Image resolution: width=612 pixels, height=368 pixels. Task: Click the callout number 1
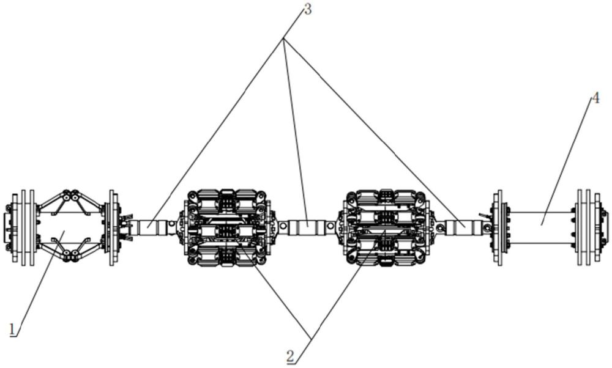click(13, 330)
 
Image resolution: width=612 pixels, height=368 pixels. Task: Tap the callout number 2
click(290, 356)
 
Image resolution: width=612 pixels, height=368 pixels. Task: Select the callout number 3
click(308, 10)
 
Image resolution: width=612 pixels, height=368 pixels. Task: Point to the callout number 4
click(595, 98)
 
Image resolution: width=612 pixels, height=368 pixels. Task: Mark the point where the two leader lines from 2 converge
click(311, 337)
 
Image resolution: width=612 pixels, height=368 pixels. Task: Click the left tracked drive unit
click(227, 228)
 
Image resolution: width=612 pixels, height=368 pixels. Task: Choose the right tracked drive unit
click(386, 228)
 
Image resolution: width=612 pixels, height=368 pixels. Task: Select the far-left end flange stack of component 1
click(20, 228)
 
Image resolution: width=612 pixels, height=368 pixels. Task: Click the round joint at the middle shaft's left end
click(283, 226)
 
